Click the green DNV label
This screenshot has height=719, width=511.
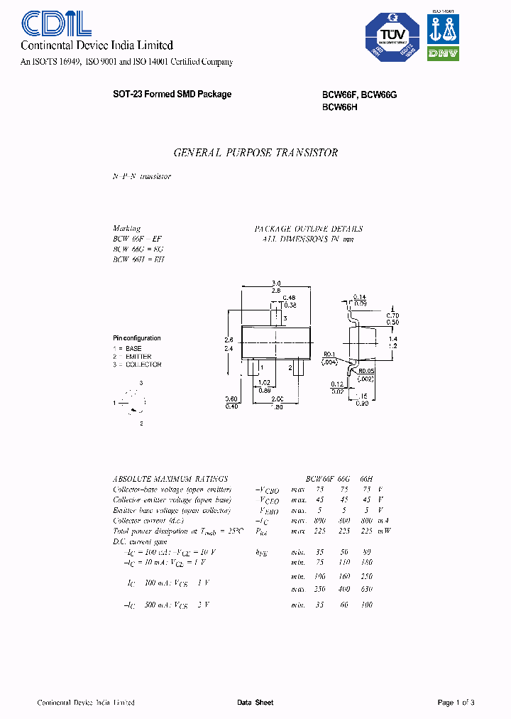[444, 53]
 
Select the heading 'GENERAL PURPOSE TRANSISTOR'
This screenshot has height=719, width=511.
[255, 153]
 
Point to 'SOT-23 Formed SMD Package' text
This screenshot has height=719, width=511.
[172, 94]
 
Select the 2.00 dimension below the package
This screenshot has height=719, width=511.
[276, 399]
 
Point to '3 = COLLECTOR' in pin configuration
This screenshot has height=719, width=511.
[137, 364]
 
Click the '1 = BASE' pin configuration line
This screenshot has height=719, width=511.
[128, 349]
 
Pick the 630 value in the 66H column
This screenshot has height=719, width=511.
[366, 589]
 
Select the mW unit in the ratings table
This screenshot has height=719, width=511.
[385, 530]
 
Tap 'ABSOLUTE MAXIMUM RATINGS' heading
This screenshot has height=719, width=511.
[170, 479]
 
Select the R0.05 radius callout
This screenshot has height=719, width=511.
[367, 370]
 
